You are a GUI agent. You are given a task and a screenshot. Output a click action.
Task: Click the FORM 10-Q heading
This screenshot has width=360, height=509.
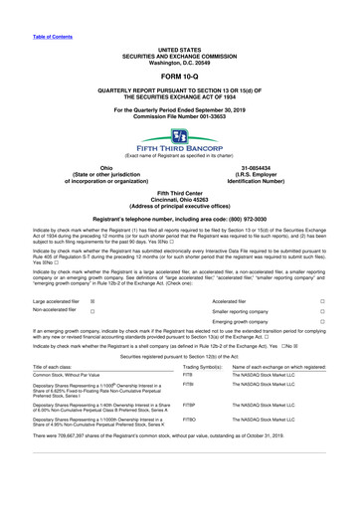coord(180,76)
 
